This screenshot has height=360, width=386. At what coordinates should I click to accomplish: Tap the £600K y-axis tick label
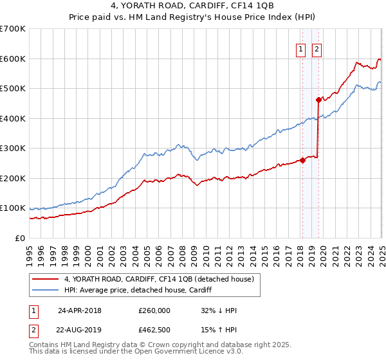point(12,59)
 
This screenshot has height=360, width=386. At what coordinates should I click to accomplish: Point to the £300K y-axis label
point(12,148)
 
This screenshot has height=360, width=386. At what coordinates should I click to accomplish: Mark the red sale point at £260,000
point(302,160)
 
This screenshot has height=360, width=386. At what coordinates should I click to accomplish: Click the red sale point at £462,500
point(318,100)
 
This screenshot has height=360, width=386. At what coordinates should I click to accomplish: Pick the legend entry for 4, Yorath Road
point(159,279)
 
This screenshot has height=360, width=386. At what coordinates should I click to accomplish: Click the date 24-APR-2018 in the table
point(80,310)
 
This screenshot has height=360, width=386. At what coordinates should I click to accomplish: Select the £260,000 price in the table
point(154,310)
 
